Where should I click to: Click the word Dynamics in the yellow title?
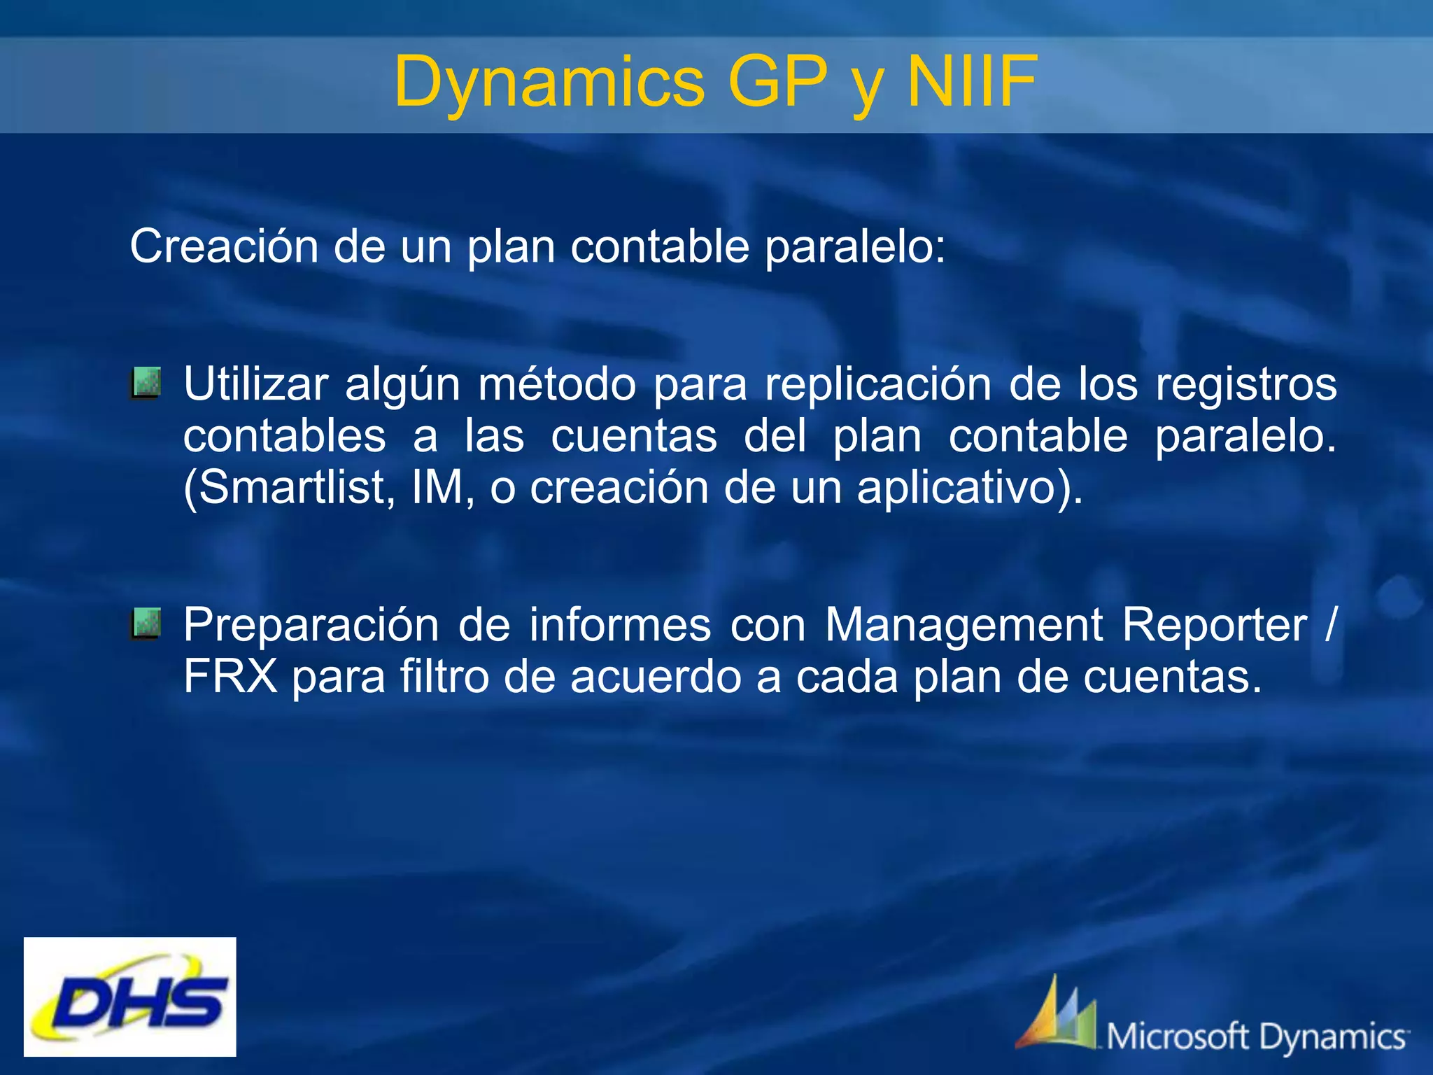[549, 83]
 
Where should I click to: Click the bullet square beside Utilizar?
[146, 383]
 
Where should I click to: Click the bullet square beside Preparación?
[146, 624]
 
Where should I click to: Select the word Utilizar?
[255, 384]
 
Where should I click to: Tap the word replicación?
[878, 384]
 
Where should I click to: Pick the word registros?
[1245, 384]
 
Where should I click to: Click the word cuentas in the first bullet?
[634, 436]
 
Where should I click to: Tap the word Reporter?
[1215, 625]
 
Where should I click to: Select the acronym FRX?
[230, 677]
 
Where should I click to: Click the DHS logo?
[130, 997]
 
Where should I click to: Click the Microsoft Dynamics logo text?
[1257, 1037]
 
